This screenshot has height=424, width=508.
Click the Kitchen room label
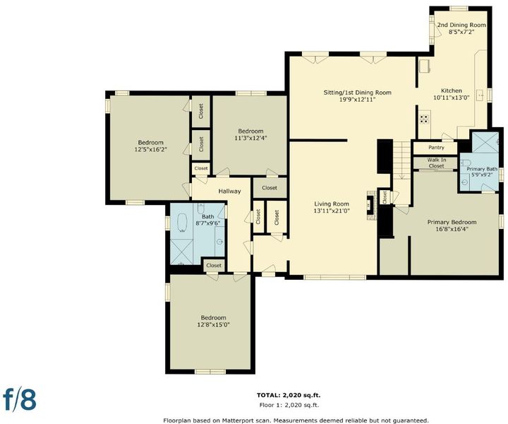click(x=452, y=91)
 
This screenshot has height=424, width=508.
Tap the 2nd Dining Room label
click(x=461, y=25)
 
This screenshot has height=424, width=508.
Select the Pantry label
click(x=436, y=148)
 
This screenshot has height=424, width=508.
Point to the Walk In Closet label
click(x=437, y=163)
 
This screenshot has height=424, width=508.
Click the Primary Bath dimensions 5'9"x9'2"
click(x=482, y=175)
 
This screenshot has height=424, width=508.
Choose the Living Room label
click(x=332, y=204)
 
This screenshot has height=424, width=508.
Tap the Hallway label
click(x=229, y=192)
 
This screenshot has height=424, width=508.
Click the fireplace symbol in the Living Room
click(x=371, y=205)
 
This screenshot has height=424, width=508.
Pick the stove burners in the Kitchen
click(x=424, y=119)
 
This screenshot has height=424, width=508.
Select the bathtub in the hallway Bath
click(x=183, y=223)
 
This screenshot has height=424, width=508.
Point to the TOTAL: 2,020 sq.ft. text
click(x=289, y=395)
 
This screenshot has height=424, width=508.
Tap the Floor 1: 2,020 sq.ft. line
click(x=289, y=405)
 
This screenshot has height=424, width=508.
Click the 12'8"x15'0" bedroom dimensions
click(x=213, y=324)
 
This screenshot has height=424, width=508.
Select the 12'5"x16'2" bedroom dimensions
click(x=151, y=149)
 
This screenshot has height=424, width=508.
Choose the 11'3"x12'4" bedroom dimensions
click(x=250, y=138)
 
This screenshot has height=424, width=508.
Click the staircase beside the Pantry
click(x=401, y=160)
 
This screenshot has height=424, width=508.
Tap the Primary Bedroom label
click(x=452, y=222)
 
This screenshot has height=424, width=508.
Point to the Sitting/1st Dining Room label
click(x=357, y=93)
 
